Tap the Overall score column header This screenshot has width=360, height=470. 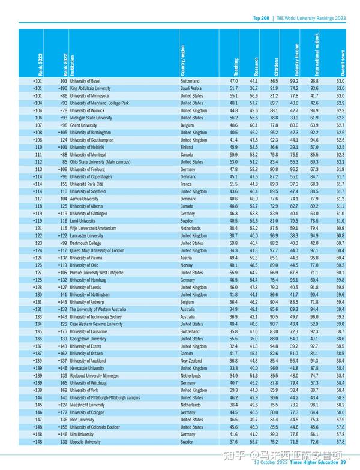coord(343,63)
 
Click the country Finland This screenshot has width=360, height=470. coord(187,147)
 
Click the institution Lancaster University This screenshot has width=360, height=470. coord(87,235)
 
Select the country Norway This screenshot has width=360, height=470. coord(187,265)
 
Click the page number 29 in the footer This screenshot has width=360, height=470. coord(344,462)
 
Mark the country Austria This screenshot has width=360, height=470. coord(187,258)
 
